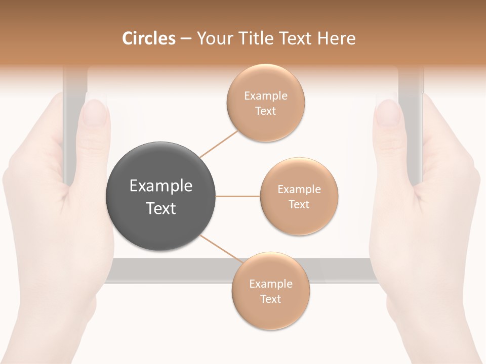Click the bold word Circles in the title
[x=149, y=38]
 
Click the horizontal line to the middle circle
[x=237, y=196]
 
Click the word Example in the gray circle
[x=161, y=186]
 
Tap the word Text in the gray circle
[x=161, y=208]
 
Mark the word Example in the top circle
[x=265, y=96]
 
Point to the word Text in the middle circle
[x=299, y=205]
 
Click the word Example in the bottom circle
[x=270, y=284]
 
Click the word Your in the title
[x=212, y=39]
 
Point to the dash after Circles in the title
[x=185, y=39]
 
